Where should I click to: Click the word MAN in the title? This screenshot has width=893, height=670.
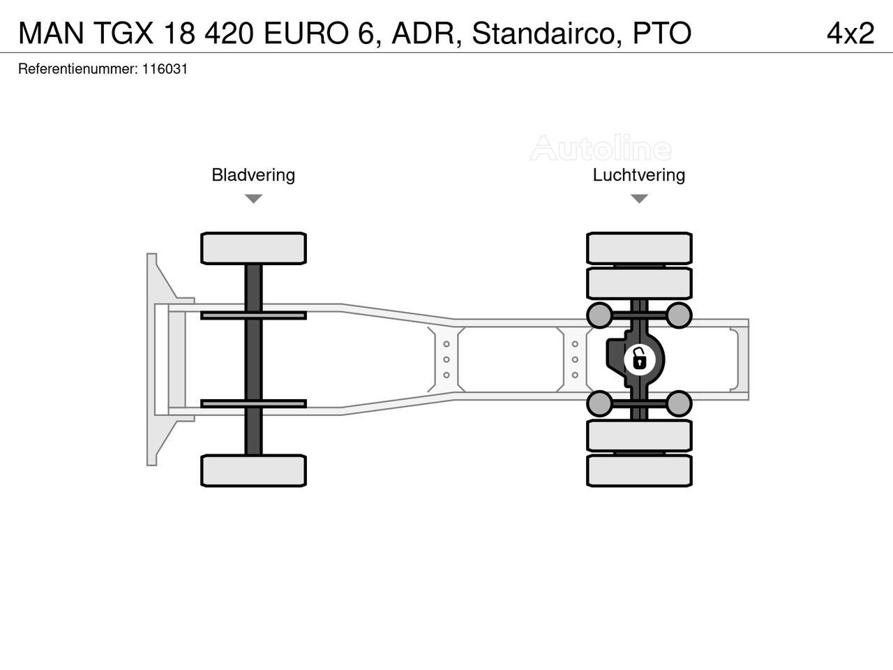click(51, 33)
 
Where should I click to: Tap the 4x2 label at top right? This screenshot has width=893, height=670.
click(850, 33)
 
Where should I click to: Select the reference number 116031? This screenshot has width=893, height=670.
click(165, 69)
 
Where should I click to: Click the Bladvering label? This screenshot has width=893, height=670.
click(253, 175)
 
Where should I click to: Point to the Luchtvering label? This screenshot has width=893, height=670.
click(639, 175)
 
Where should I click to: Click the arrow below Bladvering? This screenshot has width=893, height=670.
click(253, 198)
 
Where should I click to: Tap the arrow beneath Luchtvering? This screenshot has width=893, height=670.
click(639, 198)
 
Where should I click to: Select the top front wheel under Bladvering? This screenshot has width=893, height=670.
click(253, 248)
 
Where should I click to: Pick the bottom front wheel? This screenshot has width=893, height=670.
click(253, 470)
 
